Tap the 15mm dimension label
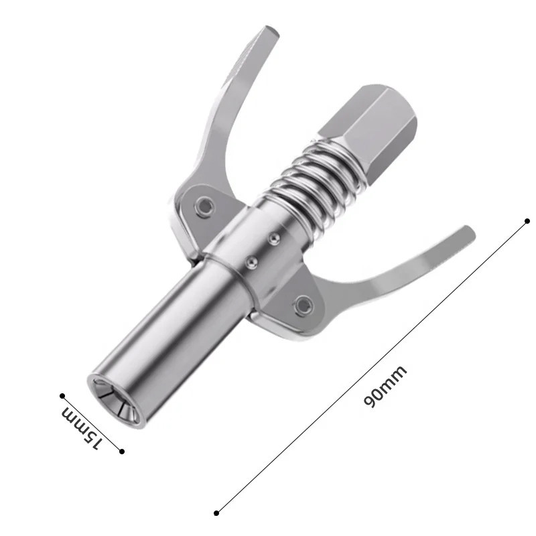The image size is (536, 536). (x=82, y=427)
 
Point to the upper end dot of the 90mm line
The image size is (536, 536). (x=527, y=220)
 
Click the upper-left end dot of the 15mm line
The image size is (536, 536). (x=62, y=396)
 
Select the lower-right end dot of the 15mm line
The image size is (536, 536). (x=121, y=451)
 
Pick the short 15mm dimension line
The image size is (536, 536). (x=92, y=423)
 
